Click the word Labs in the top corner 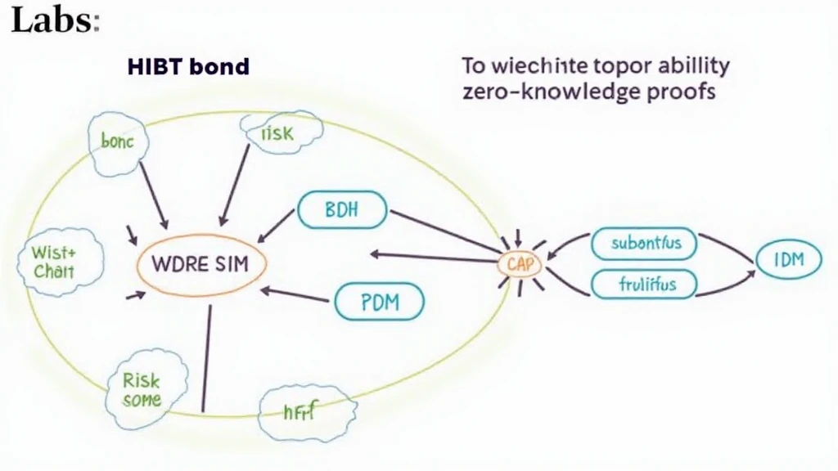[x=52, y=20]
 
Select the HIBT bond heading [x=187, y=66]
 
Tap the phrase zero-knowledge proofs [x=588, y=91]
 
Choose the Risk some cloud [x=142, y=390]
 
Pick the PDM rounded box [x=379, y=303]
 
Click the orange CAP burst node [x=520, y=262]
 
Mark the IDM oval [x=787, y=260]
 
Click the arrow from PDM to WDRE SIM [x=299, y=295]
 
